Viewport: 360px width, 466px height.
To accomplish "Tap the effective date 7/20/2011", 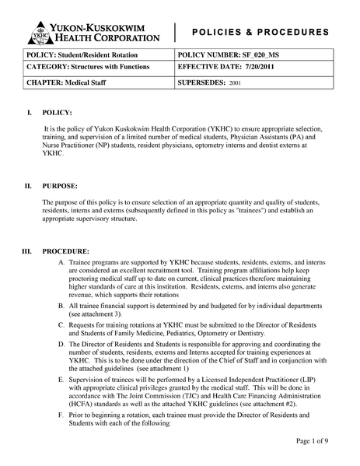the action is point(274,68).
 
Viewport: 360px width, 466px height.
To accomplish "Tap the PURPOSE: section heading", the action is point(60,187).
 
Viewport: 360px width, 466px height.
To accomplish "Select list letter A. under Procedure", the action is point(61,265).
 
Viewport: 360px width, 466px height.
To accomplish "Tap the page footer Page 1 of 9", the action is point(317,441).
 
